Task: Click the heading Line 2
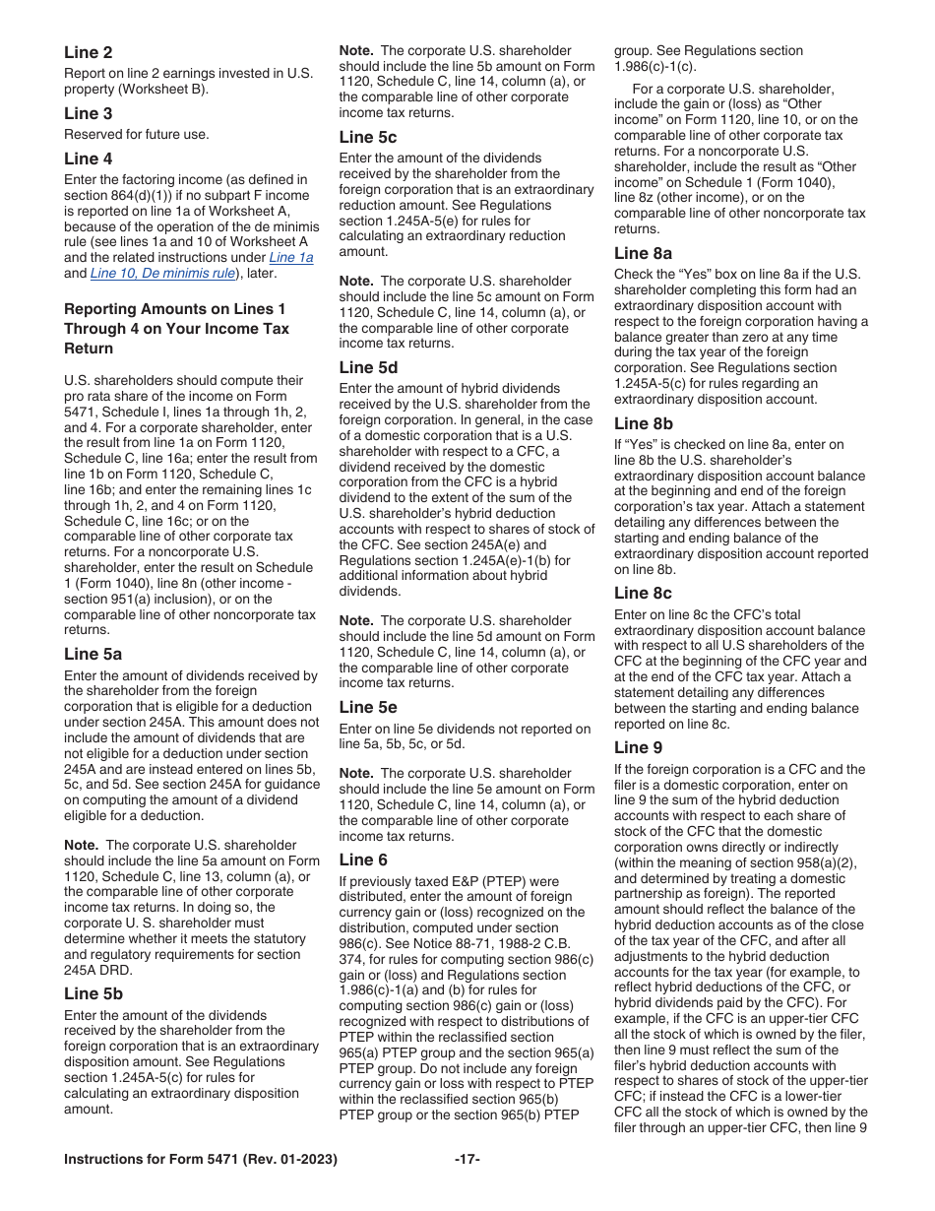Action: tap(88, 52)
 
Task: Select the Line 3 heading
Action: tap(88, 113)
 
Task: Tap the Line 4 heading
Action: tap(88, 159)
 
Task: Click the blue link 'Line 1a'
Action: tap(291, 258)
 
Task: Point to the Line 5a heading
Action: tap(93, 655)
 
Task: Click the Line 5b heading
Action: tap(93, 994)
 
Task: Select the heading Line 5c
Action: tap(367, 137)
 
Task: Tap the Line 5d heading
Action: tap(368, 367)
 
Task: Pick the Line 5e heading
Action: tap(368, 707)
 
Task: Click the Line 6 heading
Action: tap(363, 860)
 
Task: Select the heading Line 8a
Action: tap(643, 253)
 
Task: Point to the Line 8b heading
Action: tap(643, 423)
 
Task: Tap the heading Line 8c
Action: tap(643, 593)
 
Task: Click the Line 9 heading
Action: tap(638, 747)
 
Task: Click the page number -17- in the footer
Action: tap(467, 1160)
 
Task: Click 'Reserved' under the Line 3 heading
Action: tap(92, 134)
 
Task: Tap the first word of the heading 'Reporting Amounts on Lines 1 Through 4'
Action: tap(100, 309)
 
